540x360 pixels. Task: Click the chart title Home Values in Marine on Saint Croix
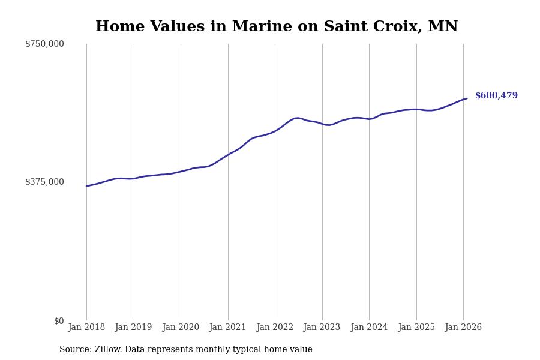pyautogui.click(x=277, y=27)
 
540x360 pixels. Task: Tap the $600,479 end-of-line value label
pyautogui.click(x=496, y=96)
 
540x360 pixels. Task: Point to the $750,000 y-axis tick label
pyautogui.click(x=44, y=44)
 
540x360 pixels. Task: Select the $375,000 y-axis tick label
pyautogui.click(x=44, y=182)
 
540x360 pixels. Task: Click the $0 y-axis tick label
pyautogui.click(x=59, y=321)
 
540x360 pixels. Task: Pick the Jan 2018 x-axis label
pyautogui.click(x=86, y=328)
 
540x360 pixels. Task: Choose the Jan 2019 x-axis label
pyautogui.click(x=133, y=328)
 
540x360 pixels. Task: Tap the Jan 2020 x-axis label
pyautogui.click(x=181, y=328)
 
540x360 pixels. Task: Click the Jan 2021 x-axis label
pyautogui.click(x=227, y=328)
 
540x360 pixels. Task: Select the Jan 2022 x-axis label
pyautogui.click(x=275, y=328)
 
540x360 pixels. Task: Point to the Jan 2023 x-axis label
pyautogui.click(x=322, y=328)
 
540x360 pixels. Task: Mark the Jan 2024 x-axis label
pyautogui.click(x=369, y=328)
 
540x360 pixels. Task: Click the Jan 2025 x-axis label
pyautogui.click(x=416, y=328)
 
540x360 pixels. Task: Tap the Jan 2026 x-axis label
pyautogui.click(x=463, y=328)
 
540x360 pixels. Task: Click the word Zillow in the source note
pyautogui.click(x=108, y=350)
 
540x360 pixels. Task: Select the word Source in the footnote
pyautogui.click(x=74, y=350)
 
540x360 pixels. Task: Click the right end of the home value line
pyautogui.click(x=467, y=98)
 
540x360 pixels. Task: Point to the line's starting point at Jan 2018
pyautogui.click(x=86, y=186)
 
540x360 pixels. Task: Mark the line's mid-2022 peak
pyautogui.click(x=297, y=118)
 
